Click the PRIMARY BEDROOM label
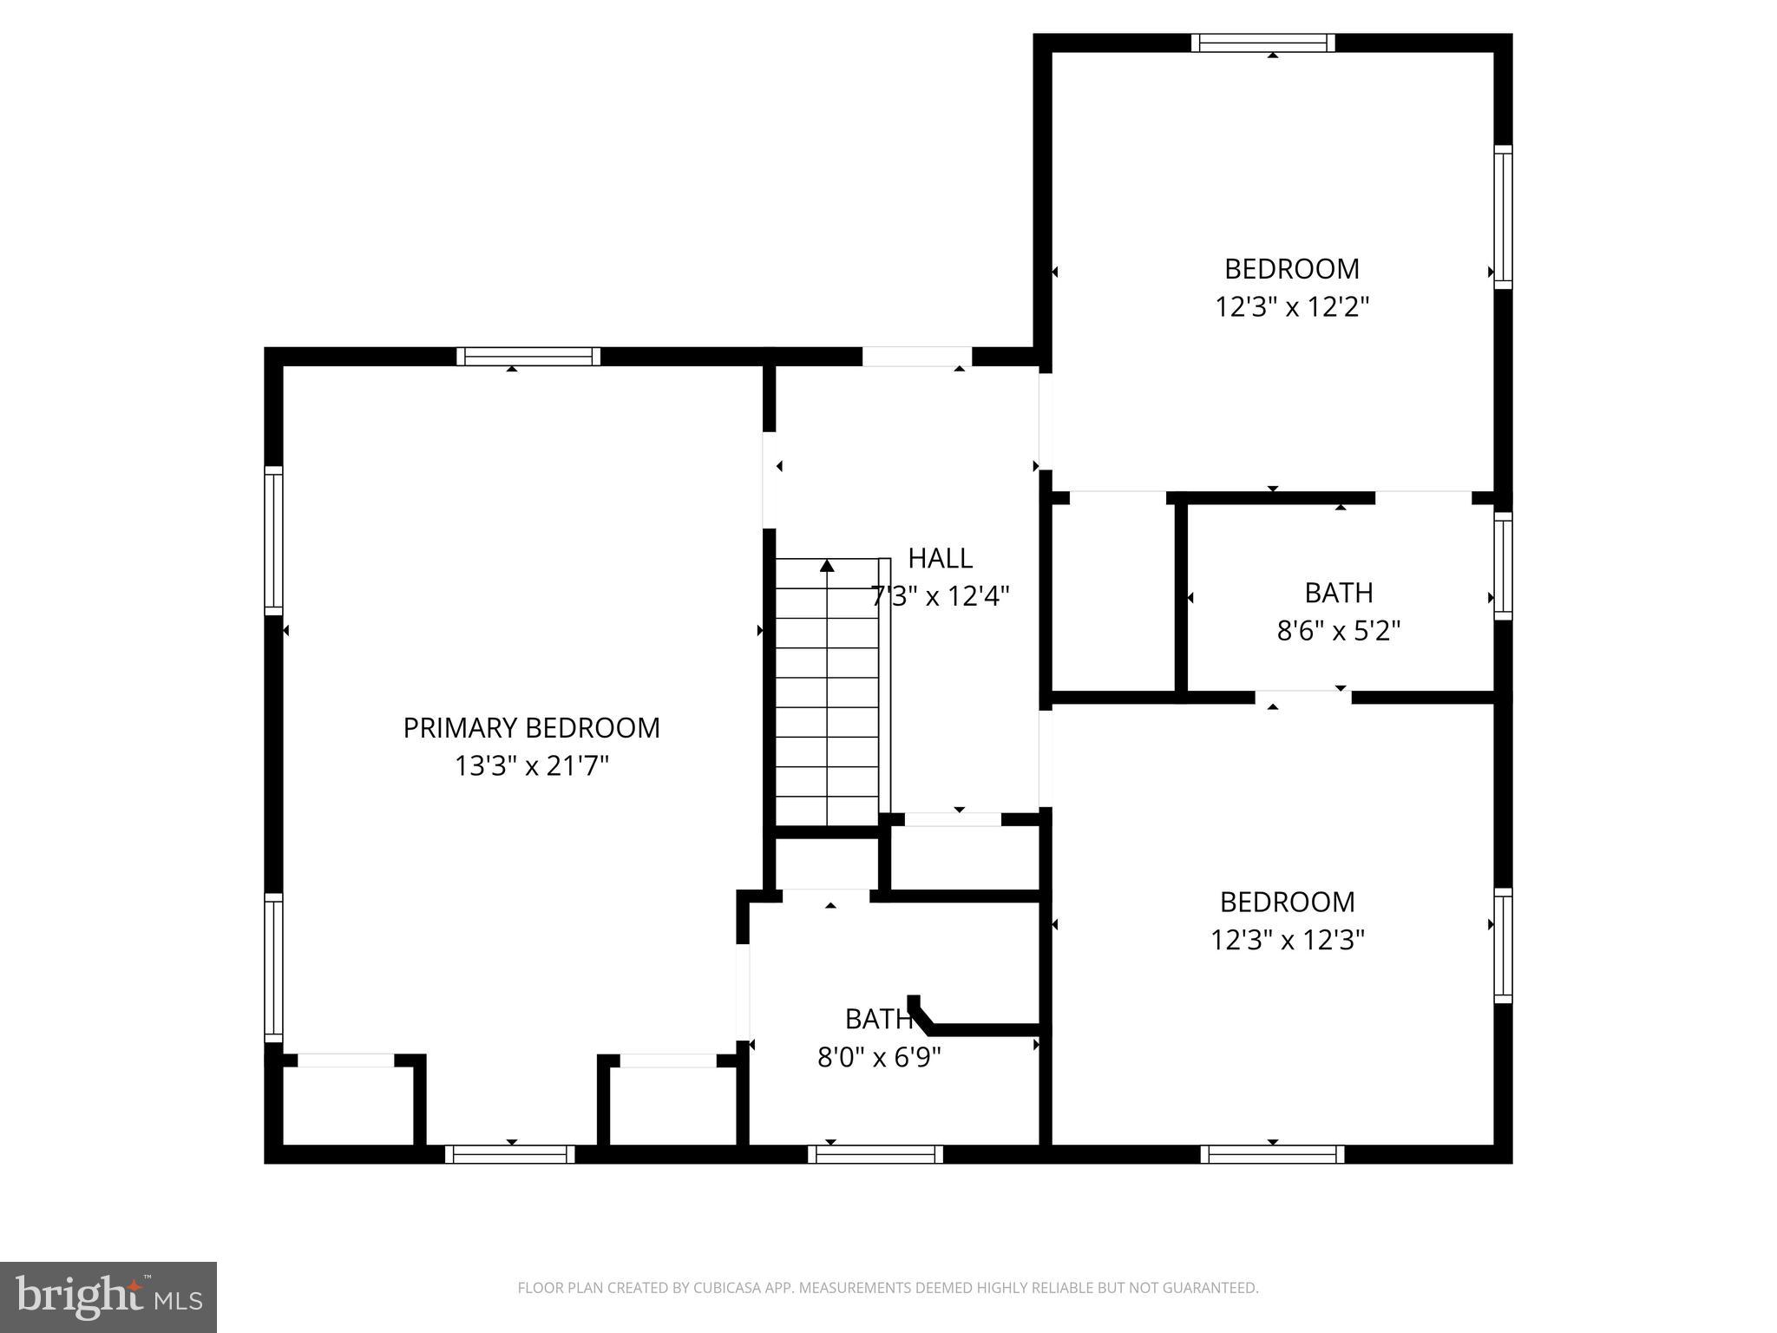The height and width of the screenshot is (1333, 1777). pos(531,728)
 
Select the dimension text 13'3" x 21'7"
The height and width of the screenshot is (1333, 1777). pos(531,766)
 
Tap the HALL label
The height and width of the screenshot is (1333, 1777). pos(940,558)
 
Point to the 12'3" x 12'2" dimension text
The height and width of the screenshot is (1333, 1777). pos(1291,307)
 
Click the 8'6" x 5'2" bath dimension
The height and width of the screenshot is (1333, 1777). pos(1338,631)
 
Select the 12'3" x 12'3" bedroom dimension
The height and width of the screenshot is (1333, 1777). pos(1288,940)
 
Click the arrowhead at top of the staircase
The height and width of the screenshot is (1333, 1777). pos(827,566)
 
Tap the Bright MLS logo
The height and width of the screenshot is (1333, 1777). pos(108,1297)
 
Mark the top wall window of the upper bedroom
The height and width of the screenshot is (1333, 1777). pos(1262,43)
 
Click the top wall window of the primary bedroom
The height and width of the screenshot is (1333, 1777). pos(528,356)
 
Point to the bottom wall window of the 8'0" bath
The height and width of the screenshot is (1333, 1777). pos(875,1154)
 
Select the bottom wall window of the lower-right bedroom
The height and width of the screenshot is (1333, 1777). pos(1272,1154)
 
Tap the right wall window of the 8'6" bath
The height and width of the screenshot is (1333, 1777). pos(1503,566)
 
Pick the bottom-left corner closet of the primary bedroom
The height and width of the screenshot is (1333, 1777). pos(347,1106)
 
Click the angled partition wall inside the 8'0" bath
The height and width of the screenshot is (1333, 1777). pos(972,1028)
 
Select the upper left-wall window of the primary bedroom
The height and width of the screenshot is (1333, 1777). pos(273,540)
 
